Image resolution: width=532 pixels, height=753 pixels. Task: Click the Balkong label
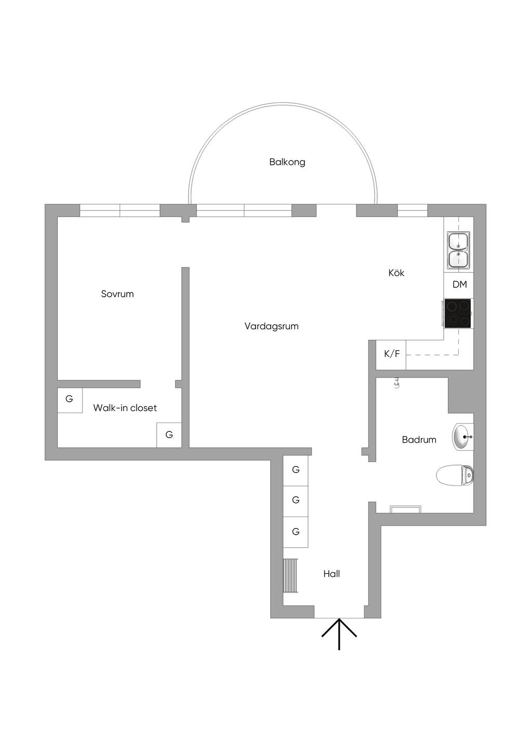(287, 162)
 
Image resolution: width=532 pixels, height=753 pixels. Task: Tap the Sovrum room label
(117, 294)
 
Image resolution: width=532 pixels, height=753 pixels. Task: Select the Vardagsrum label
(272, 326)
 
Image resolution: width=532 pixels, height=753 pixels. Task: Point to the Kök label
(396, 273)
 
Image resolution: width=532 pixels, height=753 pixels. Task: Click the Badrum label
(419, 440)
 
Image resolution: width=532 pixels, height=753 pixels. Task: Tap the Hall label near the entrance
(331, 574)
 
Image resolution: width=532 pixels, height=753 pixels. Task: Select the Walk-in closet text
(125, 408)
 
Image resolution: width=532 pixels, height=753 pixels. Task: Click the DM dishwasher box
(459, 285)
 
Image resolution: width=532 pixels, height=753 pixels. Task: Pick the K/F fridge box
(392, 354)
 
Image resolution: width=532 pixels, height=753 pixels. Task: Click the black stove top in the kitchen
(458, 313)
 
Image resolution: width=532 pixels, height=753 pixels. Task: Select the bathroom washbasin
(462, 437)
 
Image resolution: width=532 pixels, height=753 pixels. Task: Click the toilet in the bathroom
(455, 475)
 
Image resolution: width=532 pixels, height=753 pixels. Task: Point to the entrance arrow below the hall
(339, 634)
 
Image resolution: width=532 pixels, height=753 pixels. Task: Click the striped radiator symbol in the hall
(290, 575)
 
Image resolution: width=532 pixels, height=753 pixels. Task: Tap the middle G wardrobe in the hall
(296, 500)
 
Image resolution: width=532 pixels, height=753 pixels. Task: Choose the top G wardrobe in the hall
(296, 470)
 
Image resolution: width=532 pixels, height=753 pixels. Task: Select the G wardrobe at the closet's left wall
(70, 400)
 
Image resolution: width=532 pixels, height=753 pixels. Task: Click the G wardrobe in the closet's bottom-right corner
(169, 435)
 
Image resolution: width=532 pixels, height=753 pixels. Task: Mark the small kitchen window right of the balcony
(413, 210)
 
